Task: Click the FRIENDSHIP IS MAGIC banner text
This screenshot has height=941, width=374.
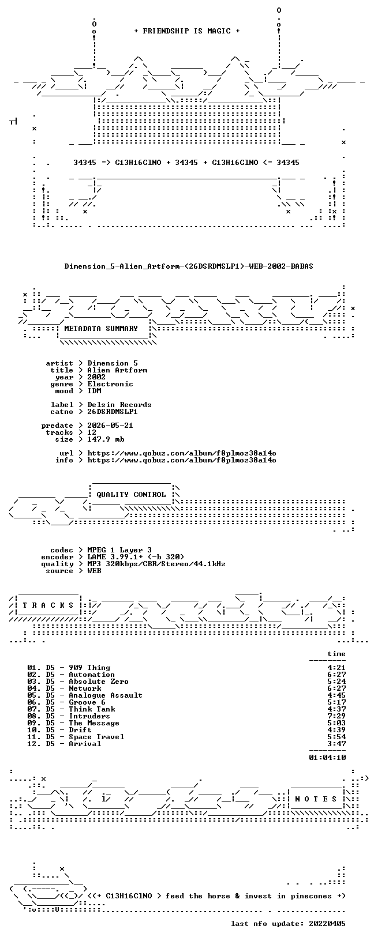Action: pyautogui.click(x=187, y=31)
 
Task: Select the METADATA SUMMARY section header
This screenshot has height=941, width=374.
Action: pyautogui.click(x=101, y=329)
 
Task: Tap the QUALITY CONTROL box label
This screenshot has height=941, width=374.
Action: pyautogui.click(x=131, y=495)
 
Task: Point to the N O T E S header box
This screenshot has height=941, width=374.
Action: pyautogui.click(x=316, y=799)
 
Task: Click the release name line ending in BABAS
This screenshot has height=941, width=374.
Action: pyautogui.click(x=189, y=266)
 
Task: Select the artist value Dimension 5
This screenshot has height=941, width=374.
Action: pyautogui.click(x=113, y=363)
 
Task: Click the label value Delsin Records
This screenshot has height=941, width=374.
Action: pyautogui.click(x=119, y=405)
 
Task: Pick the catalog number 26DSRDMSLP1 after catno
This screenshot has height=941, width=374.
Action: pyautogui.click(x=113, y=412)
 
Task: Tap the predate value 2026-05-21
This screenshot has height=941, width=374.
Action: pyautogui.click(x=110, y=426)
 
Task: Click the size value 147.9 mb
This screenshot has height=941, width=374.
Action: pyautogui.click(x=106, y=439)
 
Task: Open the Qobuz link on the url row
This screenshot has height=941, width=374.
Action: pyautogui.click(x=182, y=453)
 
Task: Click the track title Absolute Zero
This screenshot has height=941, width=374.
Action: pyautogui.click(x=99, y=682)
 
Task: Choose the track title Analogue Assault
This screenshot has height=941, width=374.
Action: pyautogui.click(x=106, y=695)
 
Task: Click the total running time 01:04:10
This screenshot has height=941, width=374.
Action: pyautogui.click(x=327, y=758)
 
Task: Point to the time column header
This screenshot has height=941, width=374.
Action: pyautogui.click(x=336, y=654)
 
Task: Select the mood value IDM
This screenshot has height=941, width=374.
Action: pyautogui.click(x=94, y=391)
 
